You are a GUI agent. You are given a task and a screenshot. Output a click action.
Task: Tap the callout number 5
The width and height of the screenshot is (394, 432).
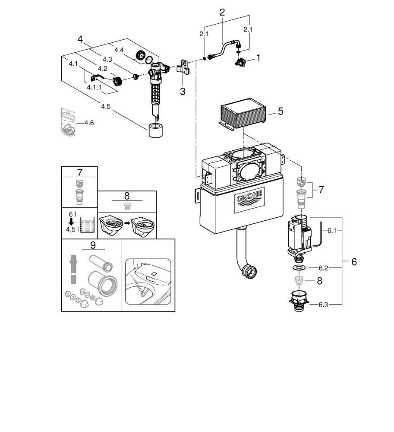tap(281, 111)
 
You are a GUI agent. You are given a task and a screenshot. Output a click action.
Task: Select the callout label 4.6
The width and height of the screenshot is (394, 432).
tap(89, 123)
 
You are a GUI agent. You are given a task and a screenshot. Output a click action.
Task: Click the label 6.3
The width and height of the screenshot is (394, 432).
tap(323, 305)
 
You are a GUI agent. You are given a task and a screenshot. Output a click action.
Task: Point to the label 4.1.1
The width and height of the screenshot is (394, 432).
tap(94, 87)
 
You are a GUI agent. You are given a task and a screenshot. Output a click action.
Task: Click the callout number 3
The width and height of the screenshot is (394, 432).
tap(183, 91)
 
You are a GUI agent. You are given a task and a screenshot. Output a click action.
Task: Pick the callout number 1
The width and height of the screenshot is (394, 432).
tap(258, 58)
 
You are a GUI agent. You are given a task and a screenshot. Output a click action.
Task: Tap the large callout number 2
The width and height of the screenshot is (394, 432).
tap(222, 12)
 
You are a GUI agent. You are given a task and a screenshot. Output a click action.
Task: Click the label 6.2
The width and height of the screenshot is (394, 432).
tap(323, 268)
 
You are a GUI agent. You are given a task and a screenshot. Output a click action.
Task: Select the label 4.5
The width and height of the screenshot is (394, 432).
tap(106, 106)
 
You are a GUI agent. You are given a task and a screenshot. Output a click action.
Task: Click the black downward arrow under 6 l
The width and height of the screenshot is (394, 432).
tap(72, 221)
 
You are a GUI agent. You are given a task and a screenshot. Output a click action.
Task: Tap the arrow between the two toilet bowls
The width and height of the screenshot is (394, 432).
tap(127, 223)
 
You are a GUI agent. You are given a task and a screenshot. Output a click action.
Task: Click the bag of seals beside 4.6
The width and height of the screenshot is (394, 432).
tap(68, 122)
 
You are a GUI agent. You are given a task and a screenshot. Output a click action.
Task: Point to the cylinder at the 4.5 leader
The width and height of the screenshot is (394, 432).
tap(156, 130)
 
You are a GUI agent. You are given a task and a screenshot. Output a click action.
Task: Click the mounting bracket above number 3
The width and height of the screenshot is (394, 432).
tap(183, 67)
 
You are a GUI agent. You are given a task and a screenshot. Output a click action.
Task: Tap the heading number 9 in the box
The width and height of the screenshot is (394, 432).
tap(93, 245)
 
